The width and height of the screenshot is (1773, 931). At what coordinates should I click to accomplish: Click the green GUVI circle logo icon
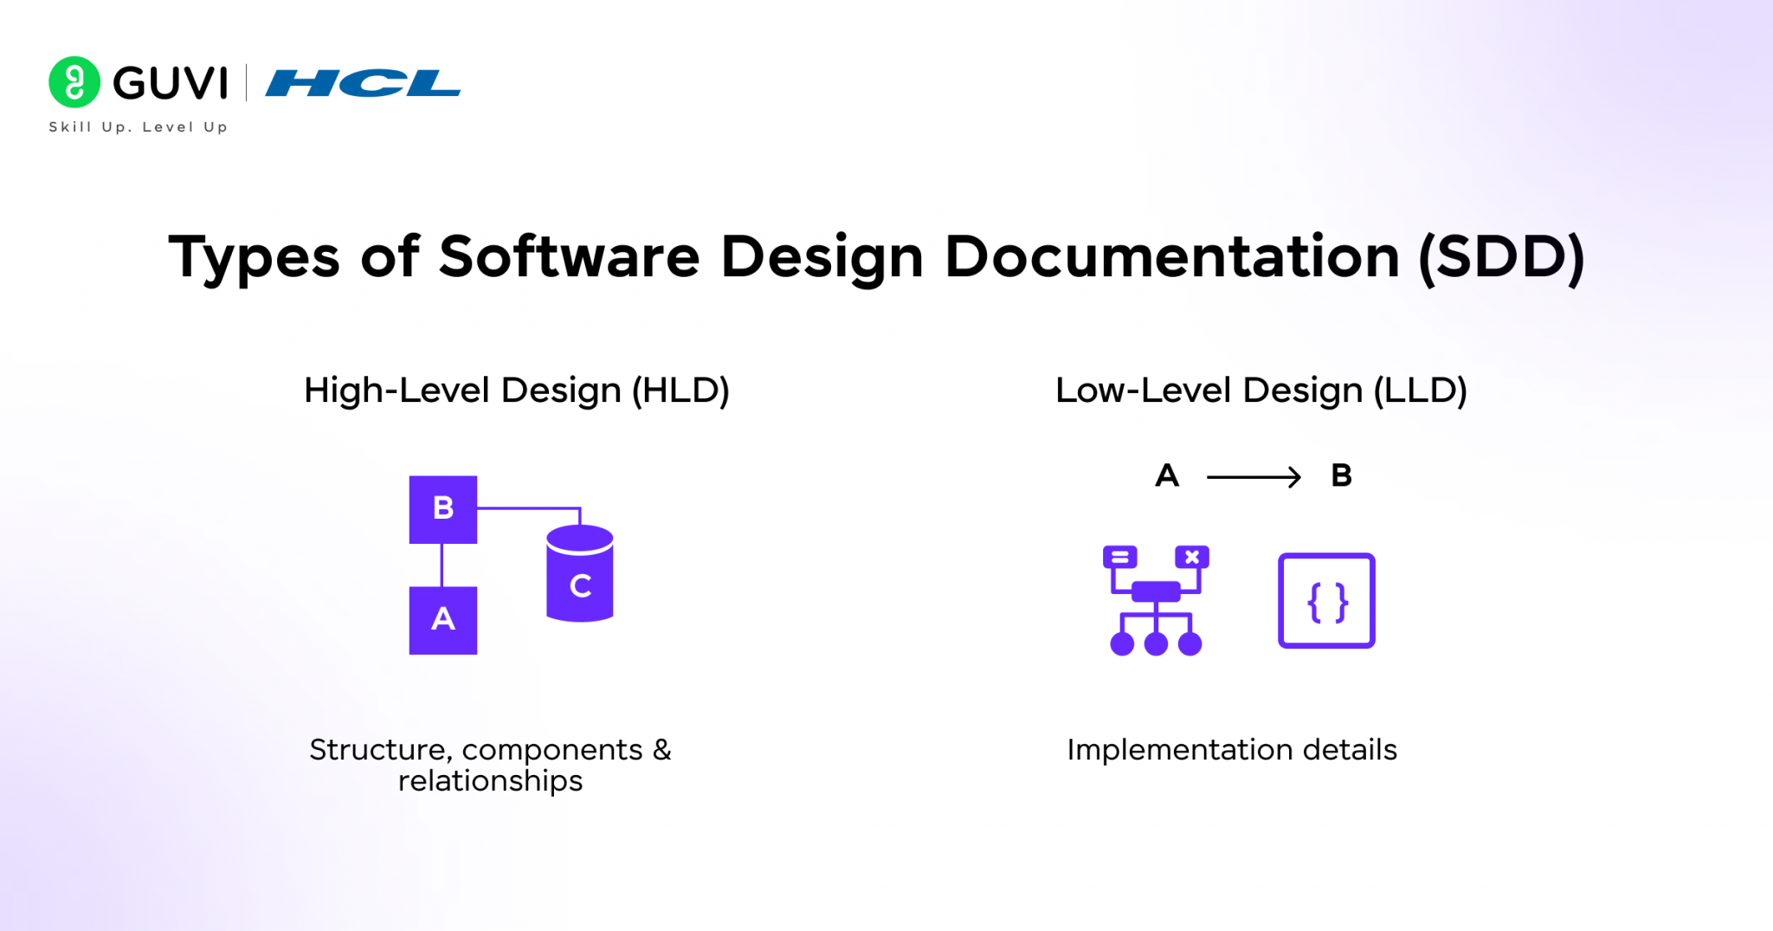[74, 82]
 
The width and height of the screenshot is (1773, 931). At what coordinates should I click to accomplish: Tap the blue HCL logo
[363, 83]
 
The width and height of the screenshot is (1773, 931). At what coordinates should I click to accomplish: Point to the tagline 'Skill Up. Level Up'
[139, 127]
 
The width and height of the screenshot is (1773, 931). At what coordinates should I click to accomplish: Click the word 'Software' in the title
[569, 257]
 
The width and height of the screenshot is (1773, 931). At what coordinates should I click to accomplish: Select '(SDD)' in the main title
[1501, 257]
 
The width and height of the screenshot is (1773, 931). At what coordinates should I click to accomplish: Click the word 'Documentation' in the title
[1171, 257]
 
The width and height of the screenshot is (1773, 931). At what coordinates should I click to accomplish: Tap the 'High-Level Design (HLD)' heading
[517, 391]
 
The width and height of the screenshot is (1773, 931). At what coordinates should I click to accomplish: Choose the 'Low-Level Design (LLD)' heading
[1260, 391]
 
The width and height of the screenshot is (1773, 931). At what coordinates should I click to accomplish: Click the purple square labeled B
[442, 509]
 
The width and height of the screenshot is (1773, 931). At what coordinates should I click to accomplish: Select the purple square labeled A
[442, 620]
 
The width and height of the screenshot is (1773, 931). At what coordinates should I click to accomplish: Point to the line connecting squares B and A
[442, 565]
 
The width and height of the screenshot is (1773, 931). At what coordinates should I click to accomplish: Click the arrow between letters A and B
[1253, 476]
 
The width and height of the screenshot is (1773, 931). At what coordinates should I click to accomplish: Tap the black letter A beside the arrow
[1167, 475]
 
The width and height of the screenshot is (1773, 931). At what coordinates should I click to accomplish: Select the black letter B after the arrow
[1341, 475]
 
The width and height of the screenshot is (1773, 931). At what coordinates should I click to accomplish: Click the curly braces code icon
[1326, 601]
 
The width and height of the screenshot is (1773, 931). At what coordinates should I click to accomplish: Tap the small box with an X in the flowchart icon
[1191, 557]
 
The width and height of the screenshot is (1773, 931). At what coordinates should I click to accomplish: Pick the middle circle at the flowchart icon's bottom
[1156, 643]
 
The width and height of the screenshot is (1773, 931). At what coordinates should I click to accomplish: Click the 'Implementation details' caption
[1231, 750]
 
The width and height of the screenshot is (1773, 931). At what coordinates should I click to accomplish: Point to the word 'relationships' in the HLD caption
[490, 781]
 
